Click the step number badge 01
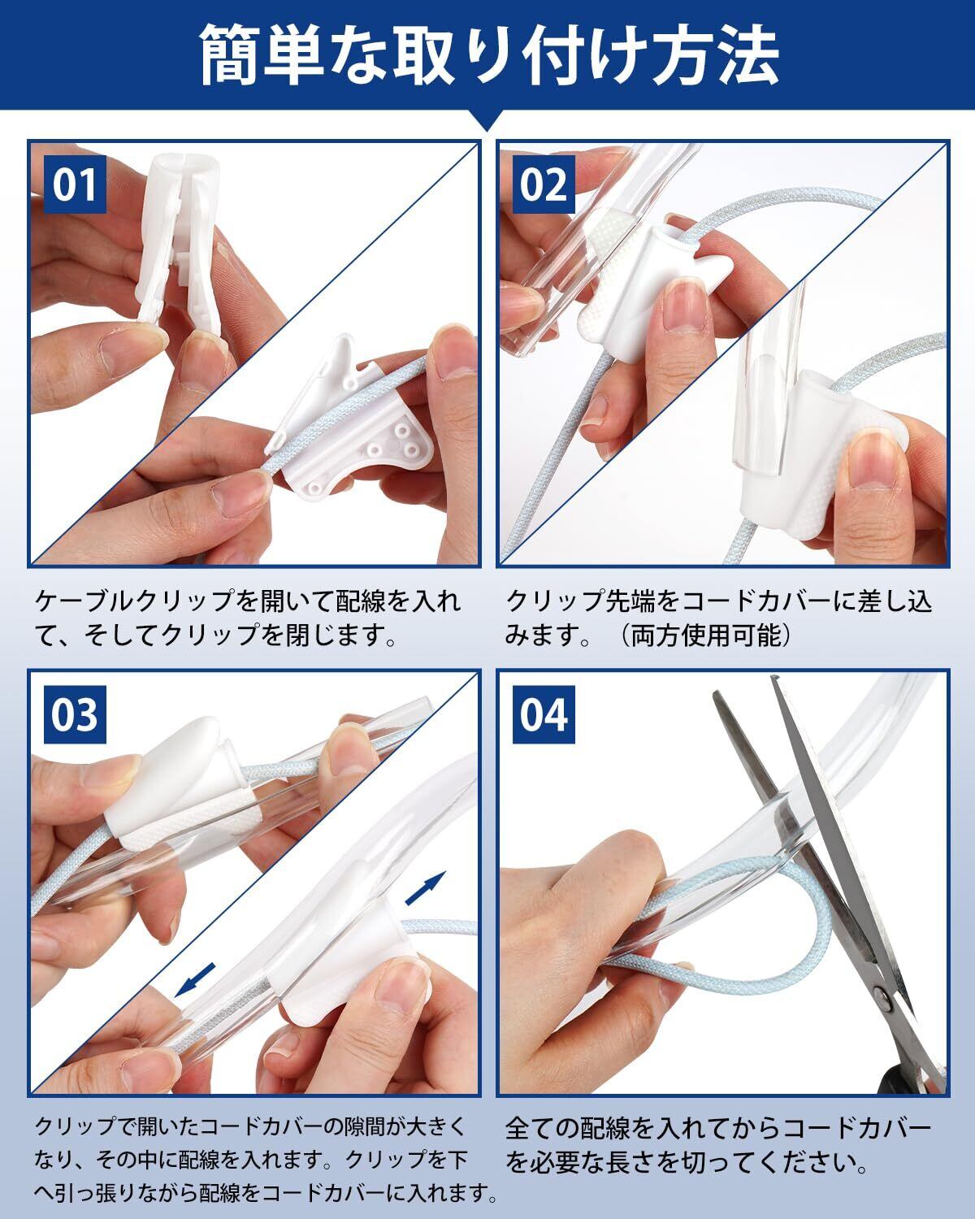[x=75, y=184]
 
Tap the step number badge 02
[x=544, y=184]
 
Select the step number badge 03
[x=75, y=714]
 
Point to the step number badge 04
[x=544, y=714]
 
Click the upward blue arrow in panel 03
[x=426, y=887]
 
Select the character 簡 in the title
[x=229, y=55]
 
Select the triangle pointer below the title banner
[x=487, y=120]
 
